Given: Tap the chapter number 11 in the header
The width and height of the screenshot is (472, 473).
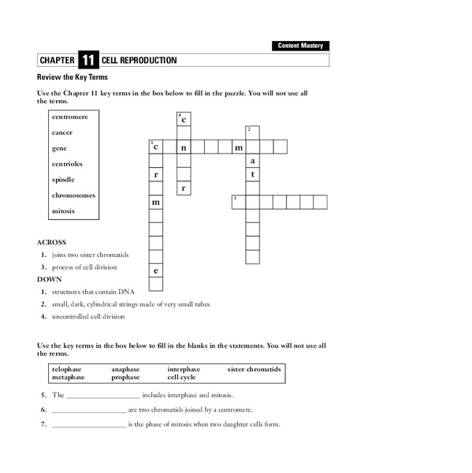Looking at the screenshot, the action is click(x=87, y=60).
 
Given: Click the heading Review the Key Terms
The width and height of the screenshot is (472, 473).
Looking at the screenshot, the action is click(x=72, y=77).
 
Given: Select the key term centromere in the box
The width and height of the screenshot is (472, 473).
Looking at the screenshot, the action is click(x=69, y=116).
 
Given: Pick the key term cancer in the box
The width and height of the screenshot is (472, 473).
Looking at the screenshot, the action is click(x=62, y=132).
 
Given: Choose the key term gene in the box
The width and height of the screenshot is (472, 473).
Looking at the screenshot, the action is click(x=59, y=148).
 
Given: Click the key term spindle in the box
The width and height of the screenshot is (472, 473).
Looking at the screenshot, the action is click(x=64, y=180).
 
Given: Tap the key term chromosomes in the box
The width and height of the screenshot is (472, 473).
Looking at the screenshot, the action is click(x=74, y=196).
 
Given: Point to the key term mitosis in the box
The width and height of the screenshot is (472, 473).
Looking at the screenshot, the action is click(x=63, y=211).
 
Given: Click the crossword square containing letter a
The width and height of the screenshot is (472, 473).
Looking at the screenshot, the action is click(x=252, y=161).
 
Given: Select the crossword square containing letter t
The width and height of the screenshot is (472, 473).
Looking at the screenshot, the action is click(x=252, y=174).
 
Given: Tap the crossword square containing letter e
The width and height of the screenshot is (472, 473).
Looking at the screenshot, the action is click(x=156, y=271).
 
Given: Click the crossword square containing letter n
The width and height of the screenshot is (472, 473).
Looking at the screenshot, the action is click(x=184, y=147).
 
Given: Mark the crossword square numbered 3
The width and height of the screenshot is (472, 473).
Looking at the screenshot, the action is click(x=238, y=202).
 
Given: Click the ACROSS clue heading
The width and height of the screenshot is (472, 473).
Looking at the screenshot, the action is click(x=52, y=242).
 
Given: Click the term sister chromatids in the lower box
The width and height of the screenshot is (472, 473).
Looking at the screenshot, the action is click(x=254, y=369).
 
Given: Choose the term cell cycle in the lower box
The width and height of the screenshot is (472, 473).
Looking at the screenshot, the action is click(x=181, y=377).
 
